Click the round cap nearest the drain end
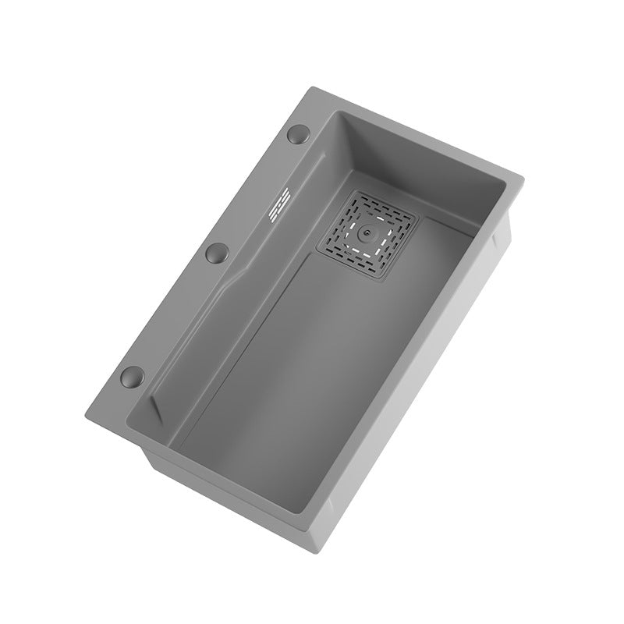tap(299, 135)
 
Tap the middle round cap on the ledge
tap(215, 252)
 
